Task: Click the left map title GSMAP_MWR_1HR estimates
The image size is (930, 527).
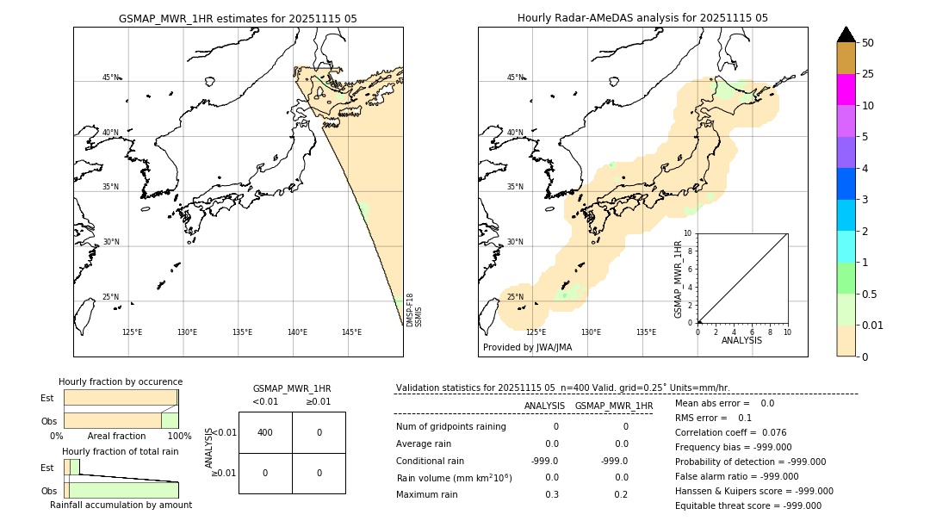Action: [238, 18]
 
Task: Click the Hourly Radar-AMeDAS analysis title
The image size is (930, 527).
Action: [642, 18]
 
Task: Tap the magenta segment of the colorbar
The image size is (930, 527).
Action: [846, 90]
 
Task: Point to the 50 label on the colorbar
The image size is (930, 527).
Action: [868, 43]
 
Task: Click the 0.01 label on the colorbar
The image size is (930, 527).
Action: [873, 325]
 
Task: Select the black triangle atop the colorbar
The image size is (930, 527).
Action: [846, 34]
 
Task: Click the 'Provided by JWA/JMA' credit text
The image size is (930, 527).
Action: [527, 348]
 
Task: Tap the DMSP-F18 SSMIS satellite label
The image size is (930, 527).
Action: [414, 310]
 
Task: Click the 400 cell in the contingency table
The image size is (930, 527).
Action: [265, 432]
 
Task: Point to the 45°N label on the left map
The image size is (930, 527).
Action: [110, 77]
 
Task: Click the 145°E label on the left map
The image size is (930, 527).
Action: [351, 332]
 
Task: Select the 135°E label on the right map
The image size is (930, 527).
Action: [646, 332]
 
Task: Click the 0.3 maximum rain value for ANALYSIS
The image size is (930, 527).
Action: [551, 494]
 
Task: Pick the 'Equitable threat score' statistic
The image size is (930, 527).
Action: [747, 506]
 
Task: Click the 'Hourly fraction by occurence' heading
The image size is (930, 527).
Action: [121, 381]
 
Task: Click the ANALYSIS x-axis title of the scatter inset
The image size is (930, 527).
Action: [741, 340]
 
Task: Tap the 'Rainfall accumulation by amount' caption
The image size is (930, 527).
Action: [121, 505]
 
